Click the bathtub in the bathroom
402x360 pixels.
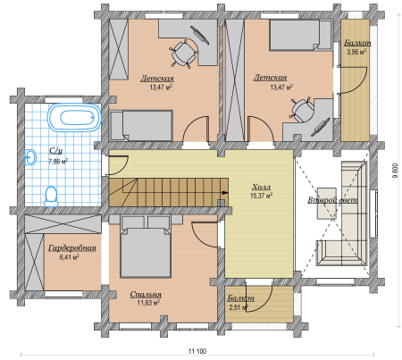click(74, 117)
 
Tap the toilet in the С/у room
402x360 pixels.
click(51, 197)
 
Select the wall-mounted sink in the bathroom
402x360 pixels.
click(30, 157)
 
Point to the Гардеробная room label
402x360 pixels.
click(72, 248)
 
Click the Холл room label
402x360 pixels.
click(261, 188)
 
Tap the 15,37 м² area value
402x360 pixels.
click(261, 196)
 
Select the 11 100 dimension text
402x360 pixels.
click(197, 351)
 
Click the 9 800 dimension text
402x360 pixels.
click(395, 171)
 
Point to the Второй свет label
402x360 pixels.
click(332, 200)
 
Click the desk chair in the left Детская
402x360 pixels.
click(184, 54)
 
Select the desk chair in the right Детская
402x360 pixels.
click(301, 109)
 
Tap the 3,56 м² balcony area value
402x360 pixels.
click(356, 52)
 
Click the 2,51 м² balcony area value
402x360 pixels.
click(239, 307)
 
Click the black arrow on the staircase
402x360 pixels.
click(225, 193)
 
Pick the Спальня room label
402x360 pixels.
click(146, 295)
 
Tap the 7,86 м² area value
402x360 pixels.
click(58, 162)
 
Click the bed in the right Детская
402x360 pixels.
click(300, 35)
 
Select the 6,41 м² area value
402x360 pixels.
click(69, 257)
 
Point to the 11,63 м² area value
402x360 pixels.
click(148, 303)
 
